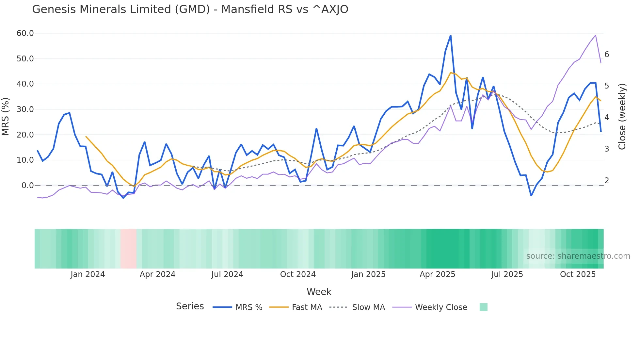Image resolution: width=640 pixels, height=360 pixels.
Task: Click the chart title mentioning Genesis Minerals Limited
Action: tap(190, 9)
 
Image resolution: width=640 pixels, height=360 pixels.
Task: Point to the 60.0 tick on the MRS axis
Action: tap(25, 33)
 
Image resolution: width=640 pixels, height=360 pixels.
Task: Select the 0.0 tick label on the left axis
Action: tap(27, 186)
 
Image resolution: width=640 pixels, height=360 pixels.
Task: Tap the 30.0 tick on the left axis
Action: tap(25, 109)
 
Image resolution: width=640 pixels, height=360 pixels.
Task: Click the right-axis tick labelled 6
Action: tap(607, 55)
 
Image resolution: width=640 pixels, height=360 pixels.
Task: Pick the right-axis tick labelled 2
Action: tap(607, 181)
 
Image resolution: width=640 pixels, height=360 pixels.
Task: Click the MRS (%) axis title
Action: tap(6, 116)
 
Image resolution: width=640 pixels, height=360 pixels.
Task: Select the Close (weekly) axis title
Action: tap(622, 117)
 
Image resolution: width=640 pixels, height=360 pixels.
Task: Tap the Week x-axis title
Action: tap(319, 292)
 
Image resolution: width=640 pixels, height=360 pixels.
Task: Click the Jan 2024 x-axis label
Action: tap(88, 274)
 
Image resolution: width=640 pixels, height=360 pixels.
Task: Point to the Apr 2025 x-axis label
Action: tap(437, 274)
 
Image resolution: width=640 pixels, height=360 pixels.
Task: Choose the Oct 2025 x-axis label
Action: tap(578, 274)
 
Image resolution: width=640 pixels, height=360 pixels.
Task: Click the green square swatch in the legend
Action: tap(483, 307)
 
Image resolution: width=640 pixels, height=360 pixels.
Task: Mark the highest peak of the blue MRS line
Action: tap(450, 36)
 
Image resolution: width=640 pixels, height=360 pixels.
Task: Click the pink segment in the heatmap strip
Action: tap(128, 249)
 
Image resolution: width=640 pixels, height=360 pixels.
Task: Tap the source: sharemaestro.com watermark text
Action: tap(578, 256)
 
